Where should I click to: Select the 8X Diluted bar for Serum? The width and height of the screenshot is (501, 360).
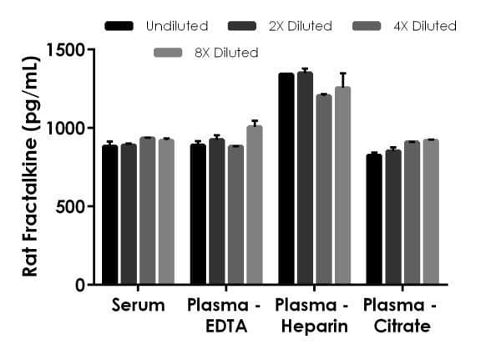click(166, 212)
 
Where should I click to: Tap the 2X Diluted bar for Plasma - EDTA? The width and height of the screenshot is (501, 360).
click(217, 212)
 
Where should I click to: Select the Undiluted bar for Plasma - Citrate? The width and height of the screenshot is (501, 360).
click(374, 220)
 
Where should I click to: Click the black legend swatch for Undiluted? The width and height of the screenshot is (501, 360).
click(119, 26)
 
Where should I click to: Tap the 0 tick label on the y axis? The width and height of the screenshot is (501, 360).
click(79, 285)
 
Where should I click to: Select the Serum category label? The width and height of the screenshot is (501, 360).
click(138, 306)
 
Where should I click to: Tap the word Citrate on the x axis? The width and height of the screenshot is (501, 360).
click(402, 326)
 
